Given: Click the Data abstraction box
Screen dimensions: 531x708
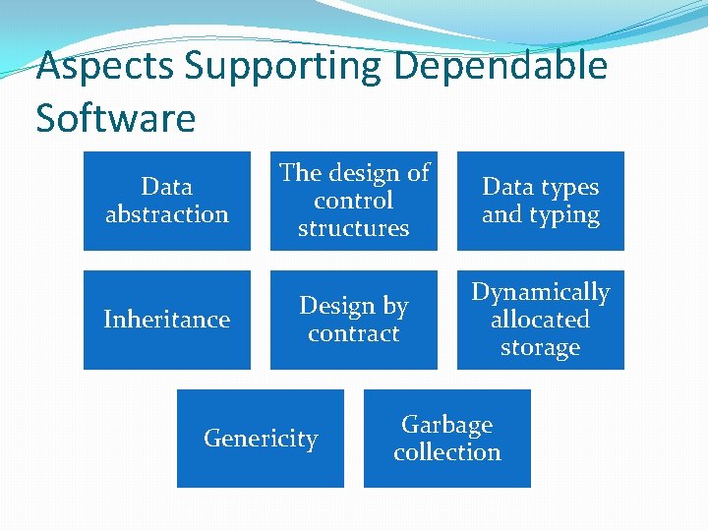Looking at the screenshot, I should point(166,201).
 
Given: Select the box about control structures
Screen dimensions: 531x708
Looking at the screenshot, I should point(353,201).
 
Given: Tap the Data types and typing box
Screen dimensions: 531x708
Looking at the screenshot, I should point(540,201).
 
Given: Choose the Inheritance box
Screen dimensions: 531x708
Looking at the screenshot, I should point(166,320).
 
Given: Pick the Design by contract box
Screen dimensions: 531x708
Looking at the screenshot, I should point(353,320).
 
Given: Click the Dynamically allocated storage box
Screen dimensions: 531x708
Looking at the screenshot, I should point(540,320).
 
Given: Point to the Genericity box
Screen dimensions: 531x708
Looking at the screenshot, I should point(261,439).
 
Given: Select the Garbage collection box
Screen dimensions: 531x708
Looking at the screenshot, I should point(447,439).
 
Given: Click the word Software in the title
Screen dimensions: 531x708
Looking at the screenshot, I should point(115,118).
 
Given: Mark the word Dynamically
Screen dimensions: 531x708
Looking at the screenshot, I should point(540,292).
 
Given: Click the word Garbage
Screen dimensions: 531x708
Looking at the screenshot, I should point(447,425).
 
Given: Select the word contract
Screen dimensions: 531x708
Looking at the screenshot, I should point(353,333).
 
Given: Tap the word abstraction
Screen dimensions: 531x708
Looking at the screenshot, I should point(166,214).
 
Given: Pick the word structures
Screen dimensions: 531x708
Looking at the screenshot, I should point(353,228).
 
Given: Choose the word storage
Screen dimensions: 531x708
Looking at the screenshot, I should point(540,347).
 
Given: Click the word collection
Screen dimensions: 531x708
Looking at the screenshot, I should point(447,452).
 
